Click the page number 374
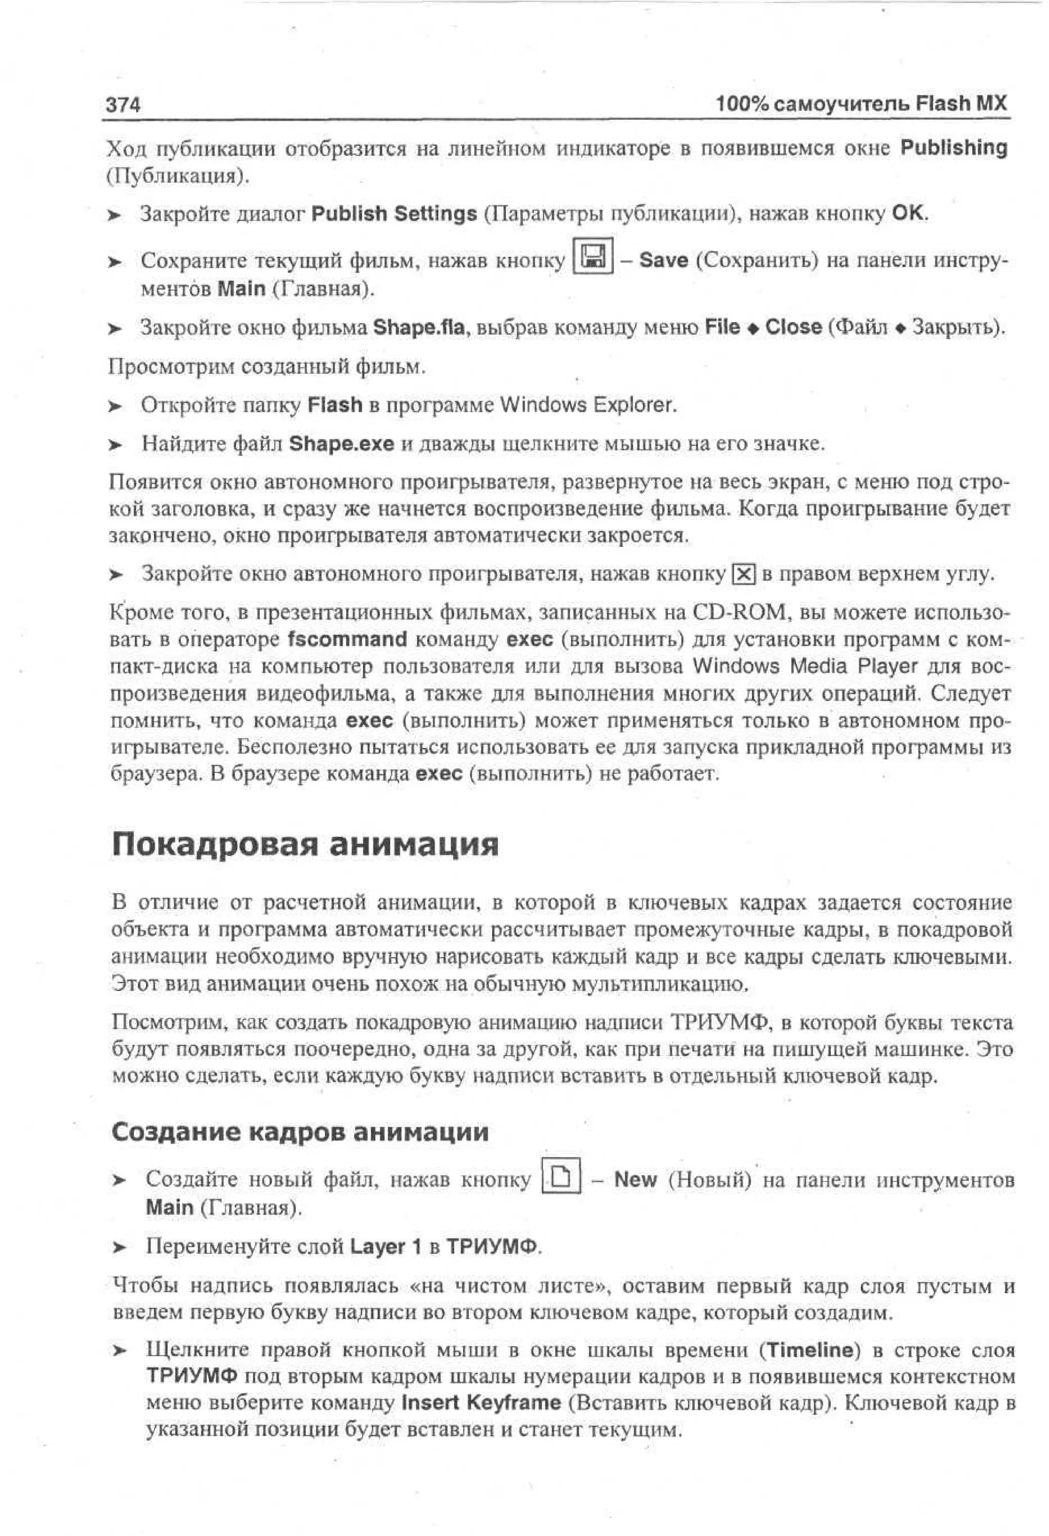click(x=123, y=104)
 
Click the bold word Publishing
click(x=953, y=148)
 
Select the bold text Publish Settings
click(x=394, y=214)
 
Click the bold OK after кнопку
click(x=909, y=213)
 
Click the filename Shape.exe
click(x=341, y=444)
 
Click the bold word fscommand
click(x=348, y=639)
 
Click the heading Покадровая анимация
click(x=305, y=845)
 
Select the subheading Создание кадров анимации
click(x=300, y=1132)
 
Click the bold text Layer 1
click(x=385, y=1247)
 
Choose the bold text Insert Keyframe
click(x=481, y=1402)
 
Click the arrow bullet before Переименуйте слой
click(x=119, y=1248)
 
